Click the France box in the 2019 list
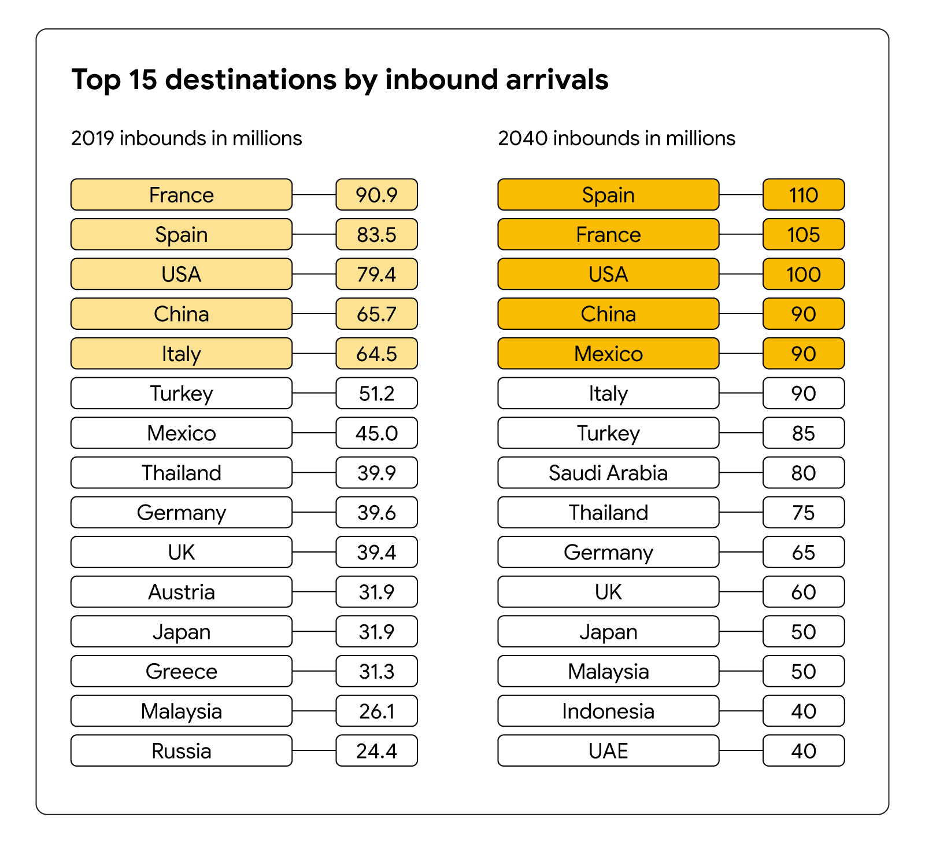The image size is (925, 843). pyautogui.click(x=181, y=194)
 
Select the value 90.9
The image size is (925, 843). pyautogui.click(x=376, y=194)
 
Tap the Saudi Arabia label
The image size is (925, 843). pyautogui.click(x=608, y=473)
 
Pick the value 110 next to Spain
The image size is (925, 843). pyautogui.click(x=804, y=194)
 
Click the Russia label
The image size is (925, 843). pyautogui.click(x=181, y=750)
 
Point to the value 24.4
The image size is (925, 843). pyautogui.click(x=376, y=750)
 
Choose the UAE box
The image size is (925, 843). pyautogui.click(x=608, y=750)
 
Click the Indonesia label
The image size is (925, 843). pyautogui.click(x=608, y=711)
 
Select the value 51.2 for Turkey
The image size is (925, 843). pyautogui.click(x=376, y=393)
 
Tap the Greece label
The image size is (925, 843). pyautogui.click(x=181, y=671)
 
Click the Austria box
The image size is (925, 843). pyautogui.click(x=181, y=592)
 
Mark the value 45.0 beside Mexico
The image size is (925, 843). pyautogui.click(x=376, y=433)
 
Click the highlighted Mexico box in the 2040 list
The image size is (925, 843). pyautogui.click(x=608, y=354)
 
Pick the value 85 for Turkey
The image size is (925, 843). pyautogui.click(x=804, y=433)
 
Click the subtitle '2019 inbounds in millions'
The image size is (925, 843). pyautogui.click(x=186, y=138)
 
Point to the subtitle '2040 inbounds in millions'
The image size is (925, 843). pyautogui.click(x=616, y=138)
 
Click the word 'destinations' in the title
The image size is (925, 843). pyautogui.click(x=250, y=79)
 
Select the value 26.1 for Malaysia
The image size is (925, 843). pyautogui.click(x=376, y=711)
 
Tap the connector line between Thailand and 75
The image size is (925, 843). pyautogui.click(x=741, y=512)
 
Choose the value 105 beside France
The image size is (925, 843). pyautogui.click(x=804, y=234)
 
